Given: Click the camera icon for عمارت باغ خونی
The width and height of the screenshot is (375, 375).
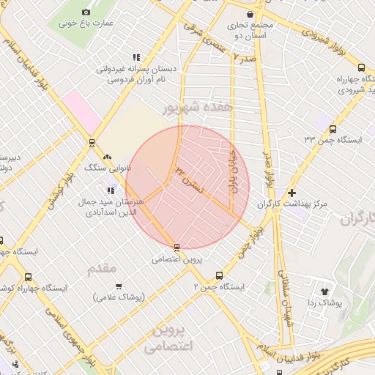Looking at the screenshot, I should coord(86,12).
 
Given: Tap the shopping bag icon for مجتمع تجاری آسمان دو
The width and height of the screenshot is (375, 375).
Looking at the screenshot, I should coord(251,14).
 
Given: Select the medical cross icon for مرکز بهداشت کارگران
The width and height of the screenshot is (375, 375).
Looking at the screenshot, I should coord(292,193).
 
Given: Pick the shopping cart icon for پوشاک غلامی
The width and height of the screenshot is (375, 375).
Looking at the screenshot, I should coord(119,286).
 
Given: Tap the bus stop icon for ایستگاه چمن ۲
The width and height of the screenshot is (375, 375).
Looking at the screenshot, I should coord(219,276).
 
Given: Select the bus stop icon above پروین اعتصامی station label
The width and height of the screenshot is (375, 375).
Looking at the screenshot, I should coord(177,247).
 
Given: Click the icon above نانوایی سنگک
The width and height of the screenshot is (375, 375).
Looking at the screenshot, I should coord(108,156).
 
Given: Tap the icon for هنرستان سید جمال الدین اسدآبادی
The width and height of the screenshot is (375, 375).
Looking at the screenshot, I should coord(111,190).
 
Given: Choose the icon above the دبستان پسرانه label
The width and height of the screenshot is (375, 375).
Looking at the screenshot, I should coord(136,57).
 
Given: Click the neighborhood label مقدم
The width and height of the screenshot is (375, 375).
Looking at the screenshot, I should coord(102,269).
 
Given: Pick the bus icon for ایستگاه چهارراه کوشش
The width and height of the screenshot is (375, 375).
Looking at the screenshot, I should coord(28,277).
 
